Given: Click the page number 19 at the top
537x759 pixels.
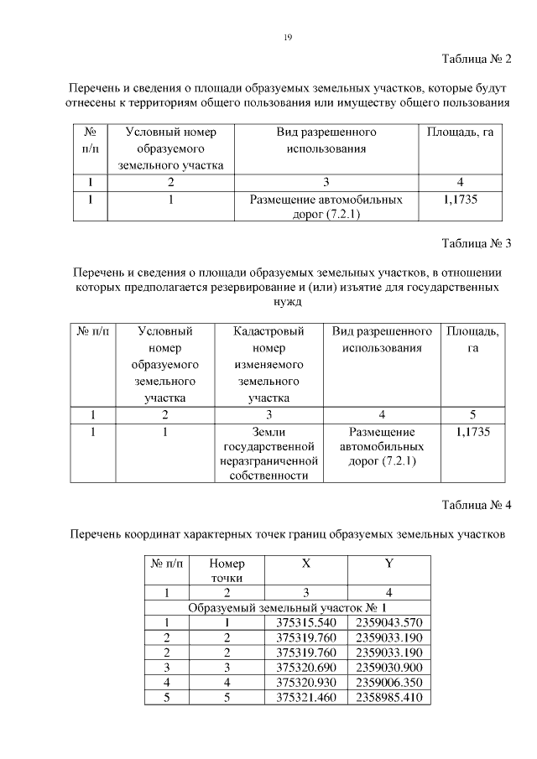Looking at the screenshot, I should coord(287,37).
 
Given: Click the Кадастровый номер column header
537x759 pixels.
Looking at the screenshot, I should coord(268,365).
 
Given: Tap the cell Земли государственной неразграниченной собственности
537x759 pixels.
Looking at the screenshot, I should coord(268,454).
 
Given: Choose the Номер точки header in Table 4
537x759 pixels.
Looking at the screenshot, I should coord(227,570).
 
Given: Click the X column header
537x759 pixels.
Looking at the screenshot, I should coord(305,564).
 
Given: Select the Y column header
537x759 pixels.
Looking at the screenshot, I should coord(388,564).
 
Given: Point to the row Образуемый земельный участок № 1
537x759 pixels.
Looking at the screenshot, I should coord(287,607).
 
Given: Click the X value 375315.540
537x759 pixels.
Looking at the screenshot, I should coord(305,622).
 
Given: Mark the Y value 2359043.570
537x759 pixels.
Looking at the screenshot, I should coord(388,622).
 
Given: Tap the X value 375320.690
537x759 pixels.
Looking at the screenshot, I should coord(305,668).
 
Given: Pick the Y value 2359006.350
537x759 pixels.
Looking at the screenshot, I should coord(388,683).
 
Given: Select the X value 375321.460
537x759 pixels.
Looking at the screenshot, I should coord(305,698).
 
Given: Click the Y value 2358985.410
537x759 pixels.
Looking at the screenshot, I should coord(388,698).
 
